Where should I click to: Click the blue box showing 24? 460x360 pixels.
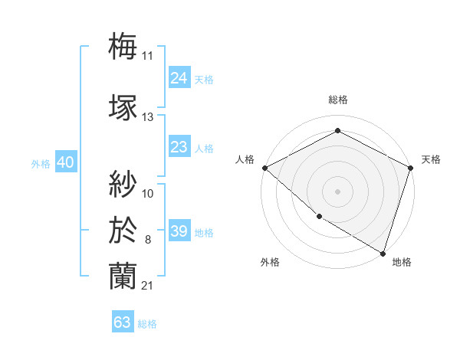click(x=179, y=77)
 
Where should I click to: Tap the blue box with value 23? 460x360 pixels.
click(x=179, y=147)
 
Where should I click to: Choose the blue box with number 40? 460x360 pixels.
click(x=64, y=162)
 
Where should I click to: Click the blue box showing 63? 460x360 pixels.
click(x=123, y=322)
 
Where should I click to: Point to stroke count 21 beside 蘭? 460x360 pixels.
click(x=147, y=286)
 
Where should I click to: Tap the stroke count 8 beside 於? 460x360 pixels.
click(x=147, y=240)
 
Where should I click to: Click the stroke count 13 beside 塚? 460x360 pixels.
click(x=147, y=117)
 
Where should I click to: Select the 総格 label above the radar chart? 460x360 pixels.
click(x=337, y=100)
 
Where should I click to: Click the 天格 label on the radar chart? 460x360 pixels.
click(x=431, y=159)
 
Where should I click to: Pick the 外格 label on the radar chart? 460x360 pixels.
click(x=270, y=262)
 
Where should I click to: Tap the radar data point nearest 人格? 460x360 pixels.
click(x=264, y=168)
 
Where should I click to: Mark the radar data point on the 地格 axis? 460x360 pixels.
click(x=383, y=253)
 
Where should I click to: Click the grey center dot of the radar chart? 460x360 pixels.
click(x=337, y=191)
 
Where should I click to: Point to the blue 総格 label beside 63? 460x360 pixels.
click(x=147, y=324)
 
